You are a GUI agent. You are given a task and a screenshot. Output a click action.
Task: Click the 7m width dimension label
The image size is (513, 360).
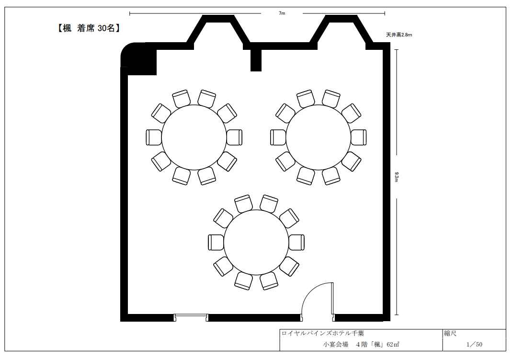click(282, 13)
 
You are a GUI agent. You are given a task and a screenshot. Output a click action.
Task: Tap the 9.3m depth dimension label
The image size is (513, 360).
click(397, 177)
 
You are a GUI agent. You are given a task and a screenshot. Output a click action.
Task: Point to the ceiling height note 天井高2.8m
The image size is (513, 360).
click(399, 35)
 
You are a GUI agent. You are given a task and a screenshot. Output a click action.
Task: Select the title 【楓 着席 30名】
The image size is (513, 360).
click(89, 28)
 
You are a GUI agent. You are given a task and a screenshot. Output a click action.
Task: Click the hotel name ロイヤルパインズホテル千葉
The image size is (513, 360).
click(322, 333)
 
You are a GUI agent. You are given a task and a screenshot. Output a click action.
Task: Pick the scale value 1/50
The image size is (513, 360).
click(474, 344)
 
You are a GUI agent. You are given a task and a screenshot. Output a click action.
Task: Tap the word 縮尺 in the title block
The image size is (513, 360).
click(450, 334)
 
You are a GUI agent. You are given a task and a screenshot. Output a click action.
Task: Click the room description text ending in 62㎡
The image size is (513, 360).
click(361, 344)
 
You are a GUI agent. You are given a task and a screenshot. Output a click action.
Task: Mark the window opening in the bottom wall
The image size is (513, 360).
click(191, 317)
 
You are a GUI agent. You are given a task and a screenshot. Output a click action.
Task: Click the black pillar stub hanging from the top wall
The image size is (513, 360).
click(256, 60)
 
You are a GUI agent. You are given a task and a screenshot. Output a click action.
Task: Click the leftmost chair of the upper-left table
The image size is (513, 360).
click(154, 138)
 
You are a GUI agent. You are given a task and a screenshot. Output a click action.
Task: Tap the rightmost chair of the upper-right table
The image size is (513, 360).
click(359, 138)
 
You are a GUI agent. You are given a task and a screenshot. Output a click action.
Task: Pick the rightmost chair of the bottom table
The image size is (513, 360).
click(296, 242)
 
